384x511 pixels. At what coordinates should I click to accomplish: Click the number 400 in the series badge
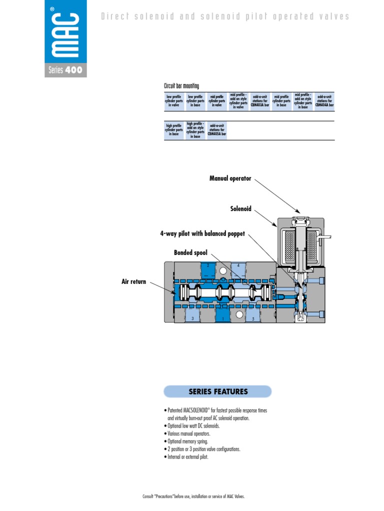[73, 70]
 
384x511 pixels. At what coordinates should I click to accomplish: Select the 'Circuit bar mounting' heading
[181, 86]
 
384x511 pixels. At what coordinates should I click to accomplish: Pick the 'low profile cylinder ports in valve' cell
[174, 101]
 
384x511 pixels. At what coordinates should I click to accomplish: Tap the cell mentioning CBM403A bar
[260, 101]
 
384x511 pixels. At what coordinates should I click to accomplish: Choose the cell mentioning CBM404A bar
[324, 101]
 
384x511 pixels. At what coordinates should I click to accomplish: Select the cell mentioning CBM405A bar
[217, 130]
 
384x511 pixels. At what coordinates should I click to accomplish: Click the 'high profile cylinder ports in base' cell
[174, 130]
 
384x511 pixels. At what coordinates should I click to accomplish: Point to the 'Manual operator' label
[230, 178]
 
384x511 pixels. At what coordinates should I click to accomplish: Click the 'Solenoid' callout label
[240, 209]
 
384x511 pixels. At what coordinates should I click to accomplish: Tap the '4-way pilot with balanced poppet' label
[202, 234]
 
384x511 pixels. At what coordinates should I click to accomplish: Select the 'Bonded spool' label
[190, 253]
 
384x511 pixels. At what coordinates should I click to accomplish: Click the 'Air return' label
[134, 282]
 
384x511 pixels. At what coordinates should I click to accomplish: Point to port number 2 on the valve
[207, 265]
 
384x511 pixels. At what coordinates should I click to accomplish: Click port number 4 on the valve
[239, 265]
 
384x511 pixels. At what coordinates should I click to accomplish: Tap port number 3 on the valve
[192, 318]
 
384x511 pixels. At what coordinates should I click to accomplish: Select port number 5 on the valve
[253, 318]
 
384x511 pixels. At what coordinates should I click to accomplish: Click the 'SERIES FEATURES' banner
[218, 391]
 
